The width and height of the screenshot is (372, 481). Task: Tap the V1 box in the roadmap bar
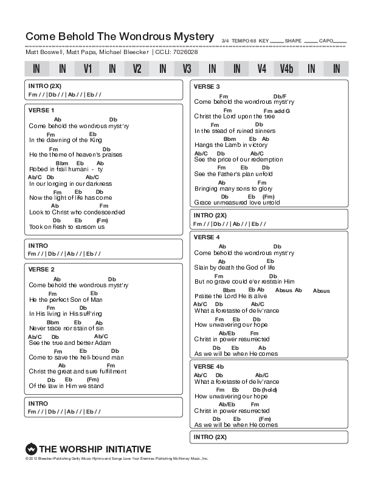tap(88, 69)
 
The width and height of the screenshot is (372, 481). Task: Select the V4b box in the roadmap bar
tap(286, 69)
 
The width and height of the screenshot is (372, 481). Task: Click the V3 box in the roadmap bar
tap(187, 69)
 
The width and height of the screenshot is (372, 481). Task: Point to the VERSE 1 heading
tap(41, 110)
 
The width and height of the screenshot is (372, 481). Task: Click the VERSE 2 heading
tap(41, 269)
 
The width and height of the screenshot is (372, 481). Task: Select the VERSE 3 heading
tap(207, 86)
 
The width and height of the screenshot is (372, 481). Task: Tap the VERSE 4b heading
tap(208, 367)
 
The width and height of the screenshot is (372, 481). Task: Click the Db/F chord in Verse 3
tap(280, 96)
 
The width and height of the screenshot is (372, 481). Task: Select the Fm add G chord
tap(277, 111)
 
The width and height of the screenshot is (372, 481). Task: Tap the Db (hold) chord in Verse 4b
tap(265, 389)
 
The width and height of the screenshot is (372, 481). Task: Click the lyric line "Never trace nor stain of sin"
tap(66, 328)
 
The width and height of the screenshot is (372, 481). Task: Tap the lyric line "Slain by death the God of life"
tap(234, 267)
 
